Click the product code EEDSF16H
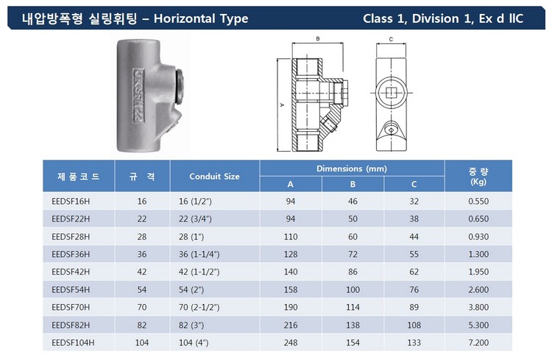point(71,201)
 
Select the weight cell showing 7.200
point(478,342)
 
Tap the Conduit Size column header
point(214,176)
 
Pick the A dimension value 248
point(291,342)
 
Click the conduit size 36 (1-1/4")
point(199,254)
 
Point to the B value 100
point(353,289)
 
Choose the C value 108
point(414,325)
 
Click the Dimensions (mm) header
point(352,169)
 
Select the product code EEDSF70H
point(71,307)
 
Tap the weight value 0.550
point(478,201)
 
